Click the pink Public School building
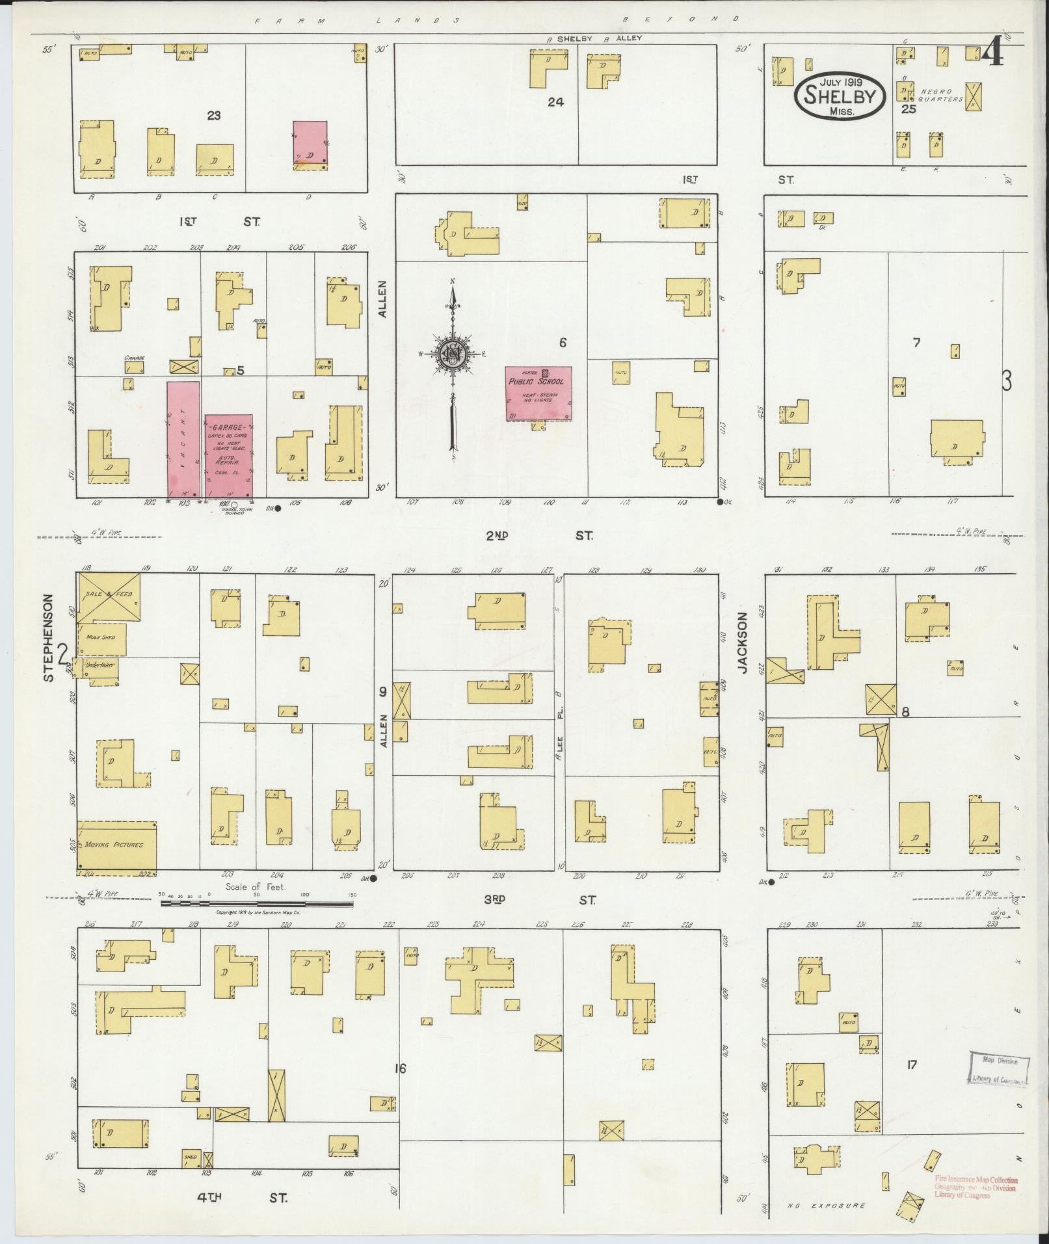click(539, 393)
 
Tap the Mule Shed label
click(101, 638)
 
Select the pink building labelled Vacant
click(183, 440)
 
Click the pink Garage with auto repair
click(228, 455)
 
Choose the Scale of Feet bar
click(257, 902)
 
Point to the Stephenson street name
click(49, 637)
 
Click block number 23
click(213, 116)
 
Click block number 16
click(400, 1068)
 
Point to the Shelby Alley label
click(596, 38)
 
